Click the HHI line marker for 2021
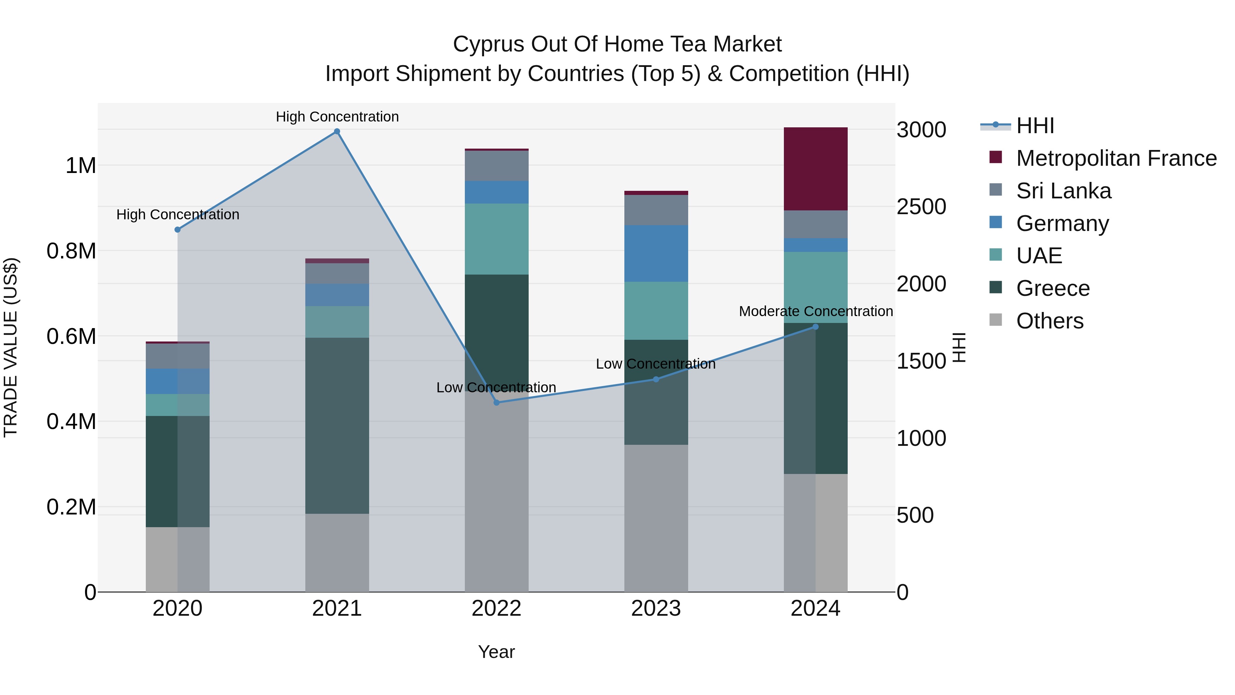click(337, 131)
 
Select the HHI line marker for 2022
click(497, 403)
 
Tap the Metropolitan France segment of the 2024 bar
click(815, 169)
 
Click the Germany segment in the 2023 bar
click(656, 253)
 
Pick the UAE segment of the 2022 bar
click(497, 239)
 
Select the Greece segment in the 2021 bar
click(337, 426)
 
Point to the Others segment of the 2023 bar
click(656, 518)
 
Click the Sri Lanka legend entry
click(1063, 191)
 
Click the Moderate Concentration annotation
click(815, 311)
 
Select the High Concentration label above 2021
click(337, 117)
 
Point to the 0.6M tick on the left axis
click(71, 336)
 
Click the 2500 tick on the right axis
click(921, 207)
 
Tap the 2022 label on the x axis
click(497, 609)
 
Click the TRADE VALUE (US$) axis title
click(11, 347)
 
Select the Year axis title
click(497, 652)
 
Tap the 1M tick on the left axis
click(81, 166)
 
